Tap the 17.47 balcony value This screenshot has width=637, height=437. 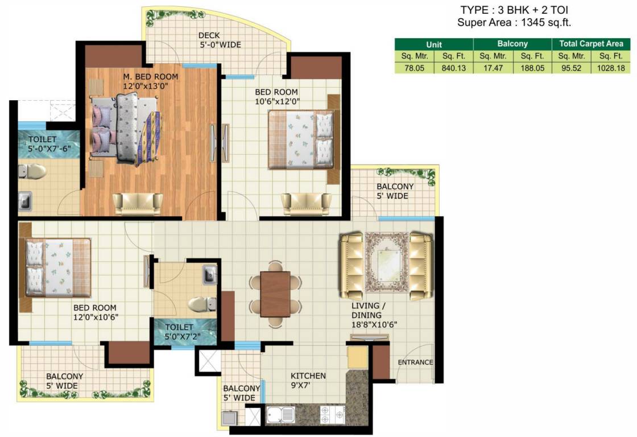point(493,67)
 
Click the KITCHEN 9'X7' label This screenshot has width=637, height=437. point(308,381)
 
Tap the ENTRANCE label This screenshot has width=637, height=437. point(415,362)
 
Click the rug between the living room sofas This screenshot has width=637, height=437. point(387,265)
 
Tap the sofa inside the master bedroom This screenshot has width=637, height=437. point(138,203)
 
